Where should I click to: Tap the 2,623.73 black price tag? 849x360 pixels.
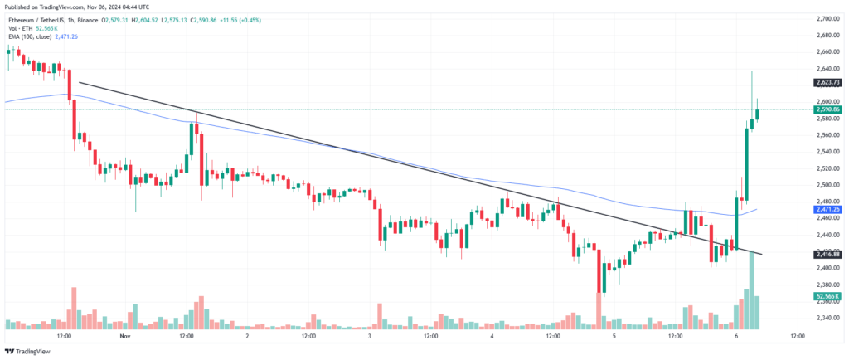pos(828,82)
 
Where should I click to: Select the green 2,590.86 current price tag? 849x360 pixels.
pos(828,109)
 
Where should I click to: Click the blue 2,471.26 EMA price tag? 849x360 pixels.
pos(828,210)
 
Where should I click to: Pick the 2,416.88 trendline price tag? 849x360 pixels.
pos(828,255)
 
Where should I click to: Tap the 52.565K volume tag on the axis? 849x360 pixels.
pos(828,295)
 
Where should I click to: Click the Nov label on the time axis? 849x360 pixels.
pos(125,338)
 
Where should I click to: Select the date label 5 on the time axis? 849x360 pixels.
pos(614,338)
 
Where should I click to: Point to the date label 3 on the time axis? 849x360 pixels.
pos(369,338)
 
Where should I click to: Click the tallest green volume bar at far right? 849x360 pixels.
pos(752,290)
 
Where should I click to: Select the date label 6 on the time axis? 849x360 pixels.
pos(736,338)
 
